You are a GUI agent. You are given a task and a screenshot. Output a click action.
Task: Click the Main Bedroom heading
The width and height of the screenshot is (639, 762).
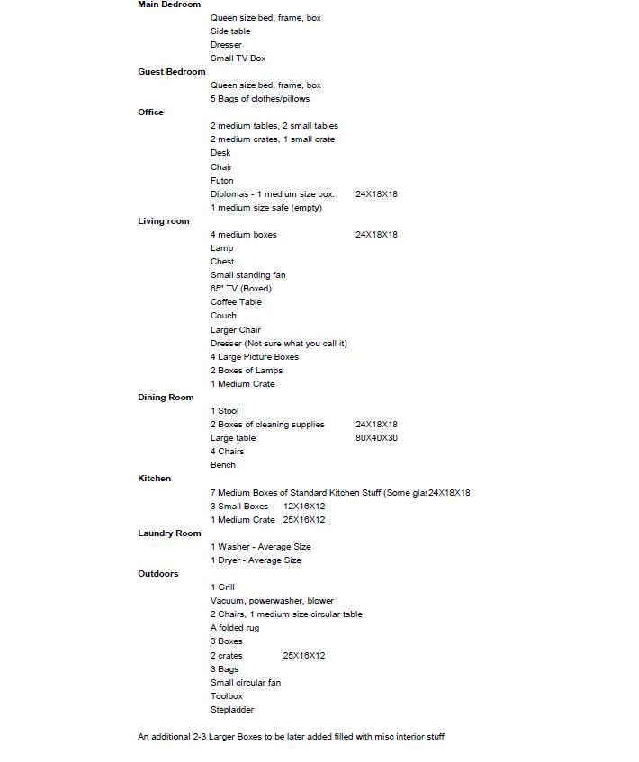(x=169, y=4)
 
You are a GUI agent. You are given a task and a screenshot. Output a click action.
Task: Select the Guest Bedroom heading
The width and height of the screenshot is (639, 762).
(x=171, y=72)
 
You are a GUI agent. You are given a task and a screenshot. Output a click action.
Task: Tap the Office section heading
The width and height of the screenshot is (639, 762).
(x=150, y=112)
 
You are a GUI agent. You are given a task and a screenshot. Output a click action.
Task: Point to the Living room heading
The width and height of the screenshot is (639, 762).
(x=163, y=221)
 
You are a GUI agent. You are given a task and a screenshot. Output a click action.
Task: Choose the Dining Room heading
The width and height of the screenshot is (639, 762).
(x=166, y=398)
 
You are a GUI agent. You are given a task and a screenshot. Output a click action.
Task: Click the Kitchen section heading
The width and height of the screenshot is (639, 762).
(x=154, y=479)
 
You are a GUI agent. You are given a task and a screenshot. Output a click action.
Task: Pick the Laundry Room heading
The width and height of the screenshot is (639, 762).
(x=169, y=533)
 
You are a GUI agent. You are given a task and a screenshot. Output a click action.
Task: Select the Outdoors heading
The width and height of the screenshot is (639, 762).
(x=157, y=574)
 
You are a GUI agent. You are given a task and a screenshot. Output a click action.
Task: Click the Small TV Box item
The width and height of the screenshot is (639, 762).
(x=238, y=58)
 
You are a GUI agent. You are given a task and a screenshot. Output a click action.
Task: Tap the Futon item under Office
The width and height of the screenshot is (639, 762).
(x=221, y=181)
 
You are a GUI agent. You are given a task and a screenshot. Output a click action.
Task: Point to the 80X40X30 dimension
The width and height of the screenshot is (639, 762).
(x=376, y=438)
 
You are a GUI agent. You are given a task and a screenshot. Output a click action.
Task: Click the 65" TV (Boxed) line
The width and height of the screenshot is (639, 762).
(x=240, y=289)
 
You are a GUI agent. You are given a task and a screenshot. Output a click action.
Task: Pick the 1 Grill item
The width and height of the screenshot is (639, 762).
(x=222, y=587)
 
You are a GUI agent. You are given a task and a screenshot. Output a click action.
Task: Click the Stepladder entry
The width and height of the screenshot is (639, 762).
(x=232, y=710)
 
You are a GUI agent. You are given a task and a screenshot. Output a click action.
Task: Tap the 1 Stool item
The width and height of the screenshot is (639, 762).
(x=224, y=411)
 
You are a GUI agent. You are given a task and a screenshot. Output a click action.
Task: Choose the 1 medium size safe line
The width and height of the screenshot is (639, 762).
(x=265, y=208)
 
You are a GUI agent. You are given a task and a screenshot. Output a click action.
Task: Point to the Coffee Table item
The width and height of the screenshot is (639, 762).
(x=236, y=302)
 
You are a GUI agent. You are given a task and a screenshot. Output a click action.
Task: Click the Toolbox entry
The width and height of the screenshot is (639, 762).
(x=226, y=696)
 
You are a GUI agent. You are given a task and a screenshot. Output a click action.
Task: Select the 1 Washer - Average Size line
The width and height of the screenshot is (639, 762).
(x=260, y=547)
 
